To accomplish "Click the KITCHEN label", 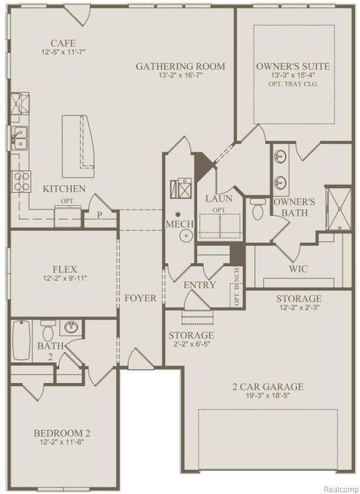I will coord(64,189).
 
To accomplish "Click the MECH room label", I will coord(179,224).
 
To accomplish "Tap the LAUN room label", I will coord(217,197).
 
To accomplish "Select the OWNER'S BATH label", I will coord(295,207).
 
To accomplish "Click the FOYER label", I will coord(140,297).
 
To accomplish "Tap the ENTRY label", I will coord(199,286).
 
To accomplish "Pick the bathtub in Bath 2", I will coord(20,335).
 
